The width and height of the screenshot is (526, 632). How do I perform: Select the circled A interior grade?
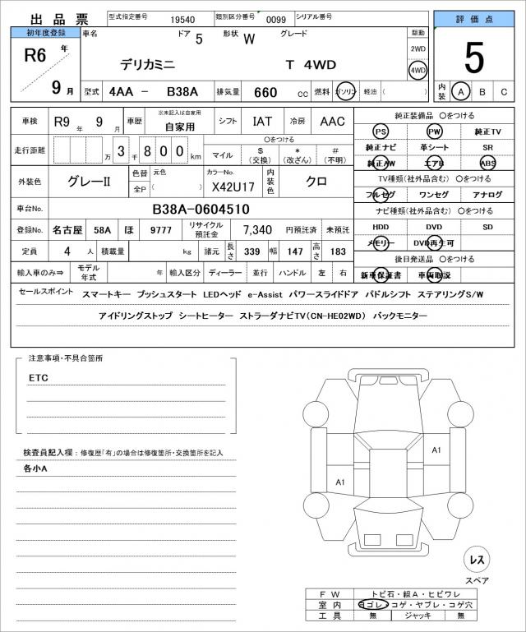click(x=461, y=92)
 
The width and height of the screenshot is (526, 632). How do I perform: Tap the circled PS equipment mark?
click(x=381, y=131)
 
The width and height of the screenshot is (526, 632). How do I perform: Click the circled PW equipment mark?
click(x=434, y=131)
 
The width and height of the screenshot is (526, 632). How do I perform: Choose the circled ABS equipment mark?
click(x=488, y=164)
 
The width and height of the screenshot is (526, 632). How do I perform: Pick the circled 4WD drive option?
click(x=418, y=71)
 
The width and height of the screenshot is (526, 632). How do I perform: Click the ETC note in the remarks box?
click(x=38, y=378)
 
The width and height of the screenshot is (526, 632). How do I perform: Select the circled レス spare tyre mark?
click(x=477, y=560)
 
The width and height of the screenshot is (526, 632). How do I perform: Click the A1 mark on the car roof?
click(x=436, y=450)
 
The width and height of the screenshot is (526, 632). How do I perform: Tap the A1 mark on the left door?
click(x=340, y=482)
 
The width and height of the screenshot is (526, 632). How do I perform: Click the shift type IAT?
click(x=262, y=122)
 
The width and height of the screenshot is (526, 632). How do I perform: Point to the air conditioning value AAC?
click(x=332, y=122)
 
